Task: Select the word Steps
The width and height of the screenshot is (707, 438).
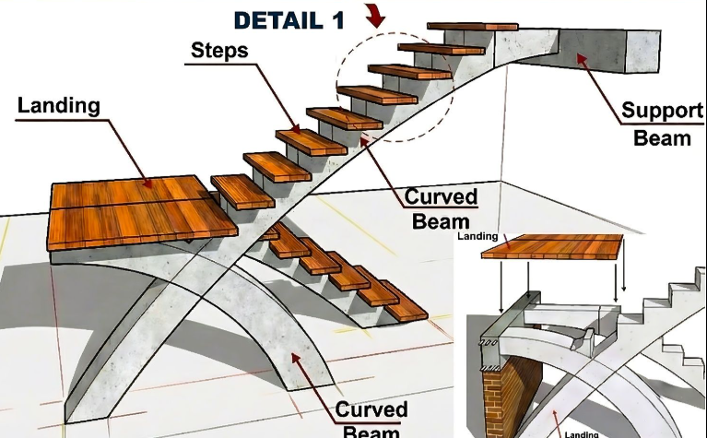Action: [x=218, y=51]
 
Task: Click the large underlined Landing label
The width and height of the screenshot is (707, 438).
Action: [x=58, y=105]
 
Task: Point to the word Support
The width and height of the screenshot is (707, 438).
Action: [x=661, y=112]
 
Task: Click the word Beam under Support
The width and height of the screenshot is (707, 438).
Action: [x=662, y=138]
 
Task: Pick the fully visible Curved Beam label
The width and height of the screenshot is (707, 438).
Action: [x=442, y=208]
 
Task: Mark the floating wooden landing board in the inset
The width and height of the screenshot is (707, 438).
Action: [x=564, y=246]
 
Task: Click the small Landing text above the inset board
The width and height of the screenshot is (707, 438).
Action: [x=477, y=236]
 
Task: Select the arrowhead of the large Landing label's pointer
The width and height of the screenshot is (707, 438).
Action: [x=149, y=184]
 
